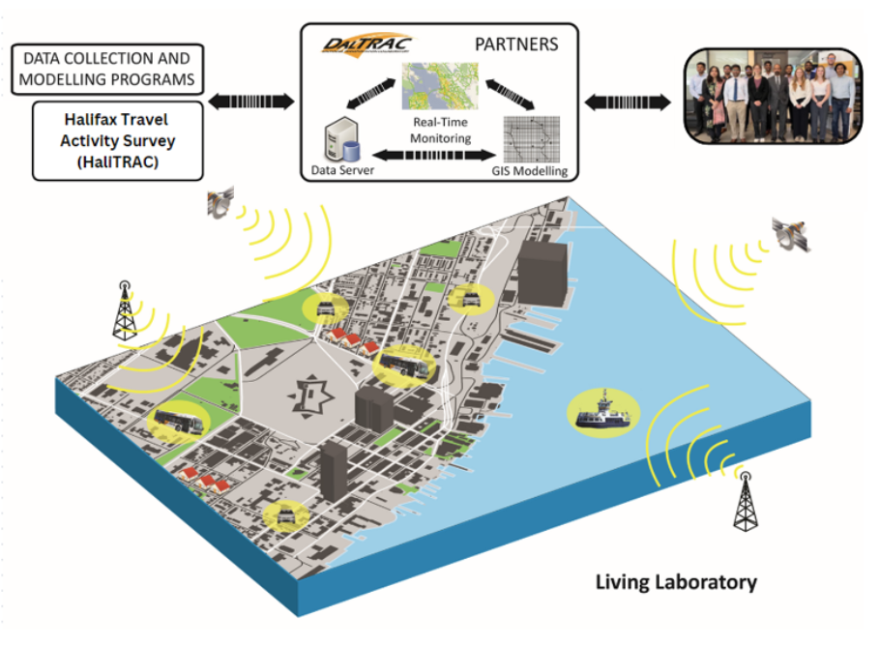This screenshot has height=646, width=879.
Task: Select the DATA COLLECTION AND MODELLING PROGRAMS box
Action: (x=107, y=68)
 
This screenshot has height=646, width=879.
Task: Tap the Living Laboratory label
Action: (x=675, y=582)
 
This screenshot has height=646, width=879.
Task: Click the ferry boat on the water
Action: (x=602, y=412)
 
